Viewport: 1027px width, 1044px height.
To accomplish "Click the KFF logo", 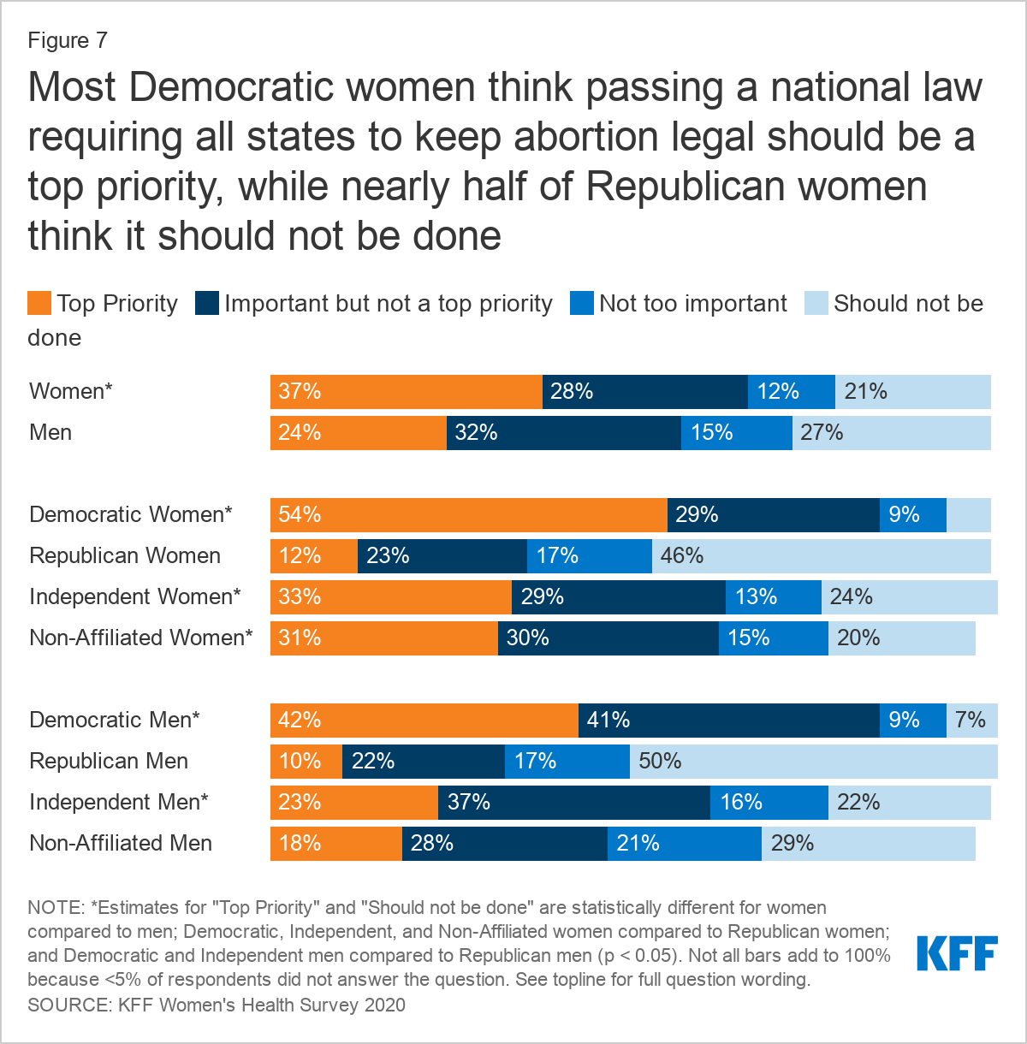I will tap(957, 953).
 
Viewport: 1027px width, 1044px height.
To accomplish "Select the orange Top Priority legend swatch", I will tap(39, 304).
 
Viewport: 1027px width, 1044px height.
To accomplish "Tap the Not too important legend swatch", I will tap(582, 304).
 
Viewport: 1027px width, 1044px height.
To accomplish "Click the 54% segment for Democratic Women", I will tap(468, 515).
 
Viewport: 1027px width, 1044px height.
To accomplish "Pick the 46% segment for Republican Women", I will tap(821, 556).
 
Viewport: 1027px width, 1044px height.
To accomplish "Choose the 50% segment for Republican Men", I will tap(813, 762).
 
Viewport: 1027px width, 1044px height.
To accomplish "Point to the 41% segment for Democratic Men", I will tap(728, 721).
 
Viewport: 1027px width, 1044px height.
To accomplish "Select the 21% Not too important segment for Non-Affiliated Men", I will tap(684, 844).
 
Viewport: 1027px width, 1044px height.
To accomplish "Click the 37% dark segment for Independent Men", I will tap(573, 803).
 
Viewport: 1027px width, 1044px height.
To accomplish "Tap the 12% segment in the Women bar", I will tap(791, 392).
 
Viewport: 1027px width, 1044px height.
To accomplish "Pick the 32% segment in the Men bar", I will tap(563, 433).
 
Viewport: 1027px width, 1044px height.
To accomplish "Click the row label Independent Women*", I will tap(135, 596).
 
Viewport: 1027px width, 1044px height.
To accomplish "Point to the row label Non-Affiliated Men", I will tap(121, 843).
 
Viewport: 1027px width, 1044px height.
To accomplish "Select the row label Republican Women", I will tap(125, 555).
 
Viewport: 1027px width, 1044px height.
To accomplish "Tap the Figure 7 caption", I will tap(68, 40).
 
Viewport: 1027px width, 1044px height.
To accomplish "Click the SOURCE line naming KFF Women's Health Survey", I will tap(217, 1004).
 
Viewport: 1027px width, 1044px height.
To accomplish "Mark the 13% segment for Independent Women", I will tap(773, 597).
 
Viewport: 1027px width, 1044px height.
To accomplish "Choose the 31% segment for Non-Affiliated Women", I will tap(383, 638).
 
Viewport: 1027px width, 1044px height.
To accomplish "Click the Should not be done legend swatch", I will tap(816, 304).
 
